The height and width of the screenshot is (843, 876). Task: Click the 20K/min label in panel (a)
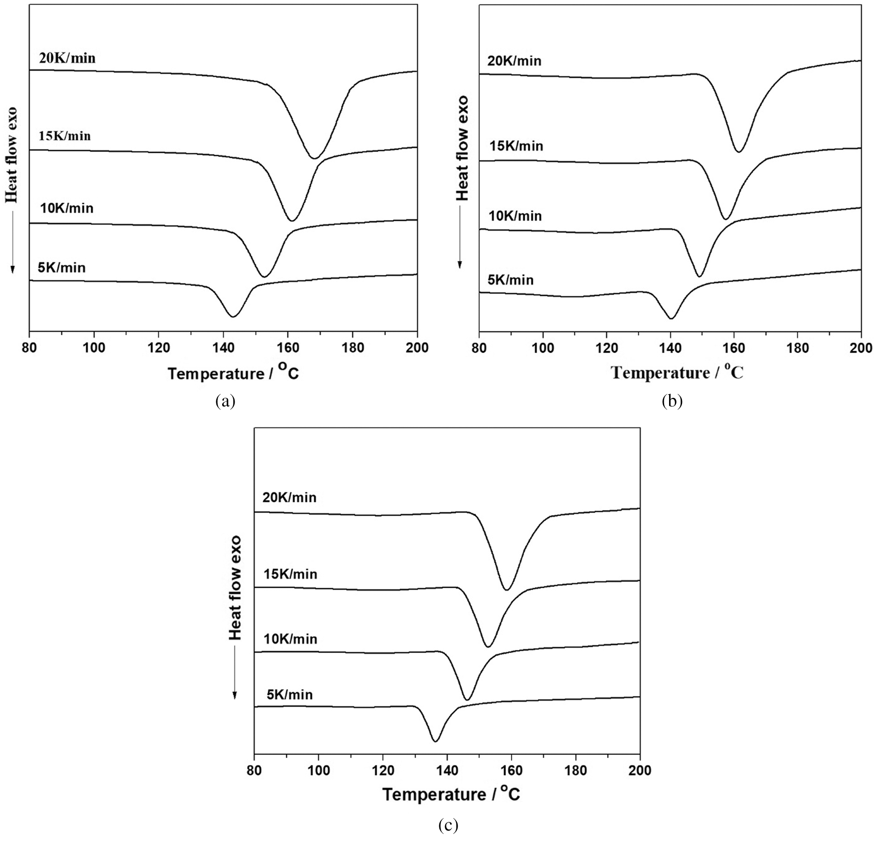coord(67,58)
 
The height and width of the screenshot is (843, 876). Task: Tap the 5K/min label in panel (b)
coord(511,280)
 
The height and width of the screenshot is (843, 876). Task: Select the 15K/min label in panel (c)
coord(291,574)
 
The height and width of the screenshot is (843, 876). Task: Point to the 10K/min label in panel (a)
coord(67,208)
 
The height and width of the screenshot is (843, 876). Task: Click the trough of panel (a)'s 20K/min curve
coord(315,158)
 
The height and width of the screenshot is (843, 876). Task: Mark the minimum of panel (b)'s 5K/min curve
coord(671,318)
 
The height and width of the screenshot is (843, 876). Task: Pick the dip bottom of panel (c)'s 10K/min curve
coord(467,700)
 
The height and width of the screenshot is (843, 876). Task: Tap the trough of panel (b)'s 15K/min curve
coord(726,219)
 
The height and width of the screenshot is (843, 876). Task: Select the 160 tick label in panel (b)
coord(734,348)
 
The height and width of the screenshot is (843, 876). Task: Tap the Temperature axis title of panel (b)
coord(677,372)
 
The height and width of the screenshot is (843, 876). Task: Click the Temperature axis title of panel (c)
coord(452,794)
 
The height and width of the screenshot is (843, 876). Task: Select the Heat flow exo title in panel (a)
coord(12,155)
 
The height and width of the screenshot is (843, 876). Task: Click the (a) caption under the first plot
coord(225,401)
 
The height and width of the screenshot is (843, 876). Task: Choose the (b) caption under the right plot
coord(672,401)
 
